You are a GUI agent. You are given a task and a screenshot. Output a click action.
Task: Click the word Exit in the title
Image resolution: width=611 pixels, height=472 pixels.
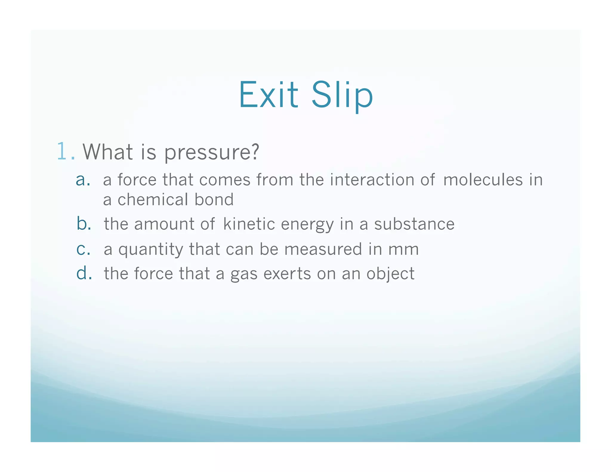268,95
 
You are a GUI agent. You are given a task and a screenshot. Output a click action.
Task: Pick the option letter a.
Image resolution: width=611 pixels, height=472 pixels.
83,180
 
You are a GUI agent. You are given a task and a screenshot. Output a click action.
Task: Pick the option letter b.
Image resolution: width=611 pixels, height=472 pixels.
84,224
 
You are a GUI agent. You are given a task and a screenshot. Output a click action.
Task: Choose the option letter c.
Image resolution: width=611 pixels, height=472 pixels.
83,249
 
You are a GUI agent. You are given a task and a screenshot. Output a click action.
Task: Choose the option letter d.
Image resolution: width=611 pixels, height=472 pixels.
84,273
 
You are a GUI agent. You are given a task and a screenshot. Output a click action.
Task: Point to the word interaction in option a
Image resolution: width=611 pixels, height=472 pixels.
372,180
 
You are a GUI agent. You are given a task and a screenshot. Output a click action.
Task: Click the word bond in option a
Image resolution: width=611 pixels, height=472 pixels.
214,199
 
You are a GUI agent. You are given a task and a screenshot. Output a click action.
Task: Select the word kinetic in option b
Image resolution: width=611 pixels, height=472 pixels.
249,224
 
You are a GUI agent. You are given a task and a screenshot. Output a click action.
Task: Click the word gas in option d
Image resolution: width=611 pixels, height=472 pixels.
244,274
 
